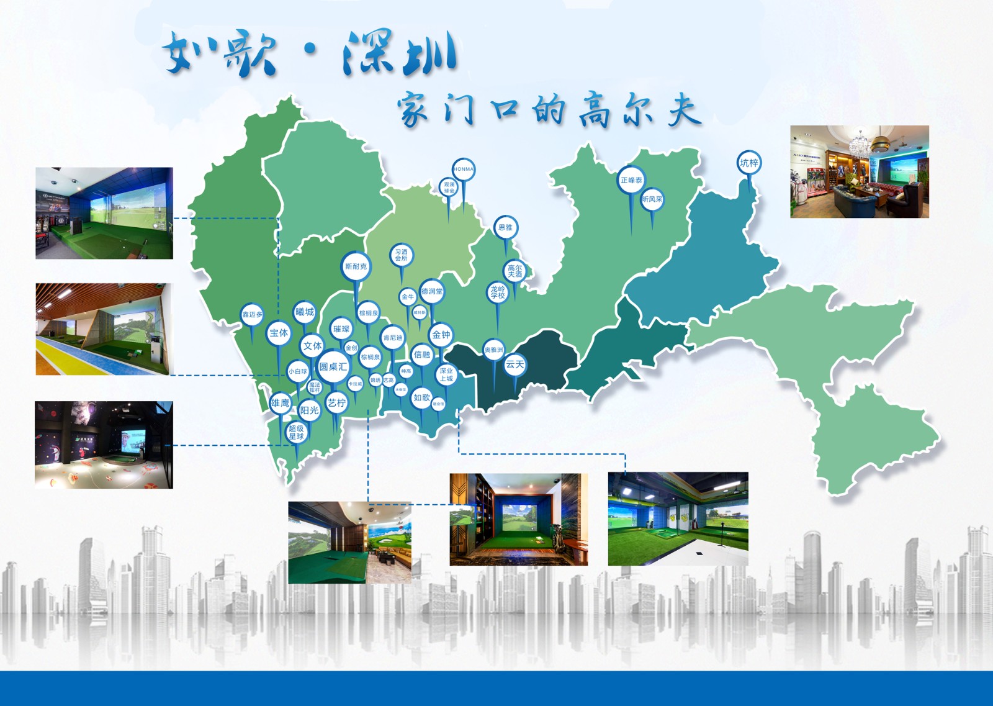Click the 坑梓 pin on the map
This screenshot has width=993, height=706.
(749, 163)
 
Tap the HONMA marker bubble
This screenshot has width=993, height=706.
(463, 169)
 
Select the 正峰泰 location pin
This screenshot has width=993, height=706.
(631, 180)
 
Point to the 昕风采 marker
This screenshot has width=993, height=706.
(652, 199)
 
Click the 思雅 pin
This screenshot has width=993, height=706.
(506, 227)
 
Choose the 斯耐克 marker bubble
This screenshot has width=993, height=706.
(356, 266)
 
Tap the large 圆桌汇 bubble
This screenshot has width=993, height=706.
(333, 366)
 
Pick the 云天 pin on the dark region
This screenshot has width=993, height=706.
(514, 364)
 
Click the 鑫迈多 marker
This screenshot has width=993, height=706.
(252, 314)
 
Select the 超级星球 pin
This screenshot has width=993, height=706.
(297, 432)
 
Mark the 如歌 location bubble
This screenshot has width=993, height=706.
(421, 397)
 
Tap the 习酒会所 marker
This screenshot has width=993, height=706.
(402, 255)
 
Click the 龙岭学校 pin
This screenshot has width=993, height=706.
(498, 292)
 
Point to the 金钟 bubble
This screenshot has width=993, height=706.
(441, 335)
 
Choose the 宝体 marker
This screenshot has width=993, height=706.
(279, 333)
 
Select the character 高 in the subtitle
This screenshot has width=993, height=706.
(594, 111)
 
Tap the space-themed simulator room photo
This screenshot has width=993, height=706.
(104, 445)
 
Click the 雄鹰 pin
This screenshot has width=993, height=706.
(280, 403)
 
